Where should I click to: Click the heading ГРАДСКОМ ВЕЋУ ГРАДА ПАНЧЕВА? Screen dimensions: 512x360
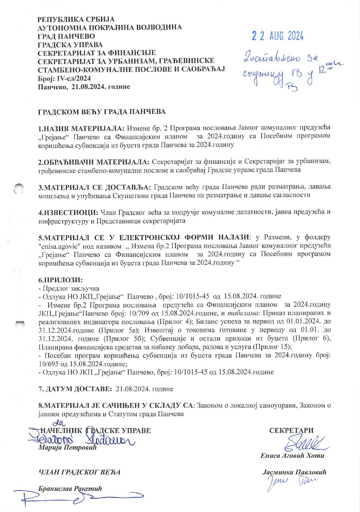tap(102, 112)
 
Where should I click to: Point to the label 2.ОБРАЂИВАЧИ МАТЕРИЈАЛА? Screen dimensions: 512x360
tap(94, 162)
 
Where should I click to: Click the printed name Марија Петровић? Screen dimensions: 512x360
tap(67, 448)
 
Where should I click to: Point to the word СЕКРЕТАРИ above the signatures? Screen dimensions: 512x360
tap(291, 430)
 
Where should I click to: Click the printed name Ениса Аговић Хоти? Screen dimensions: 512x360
tap(292, 455)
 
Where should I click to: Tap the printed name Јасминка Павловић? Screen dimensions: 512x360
tap(294, 473)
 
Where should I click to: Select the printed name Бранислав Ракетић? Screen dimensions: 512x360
tap(70, 489)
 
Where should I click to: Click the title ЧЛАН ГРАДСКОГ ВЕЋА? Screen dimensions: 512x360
tap(79, 472)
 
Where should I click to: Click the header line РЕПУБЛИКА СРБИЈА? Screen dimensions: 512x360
tap(76, 20)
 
